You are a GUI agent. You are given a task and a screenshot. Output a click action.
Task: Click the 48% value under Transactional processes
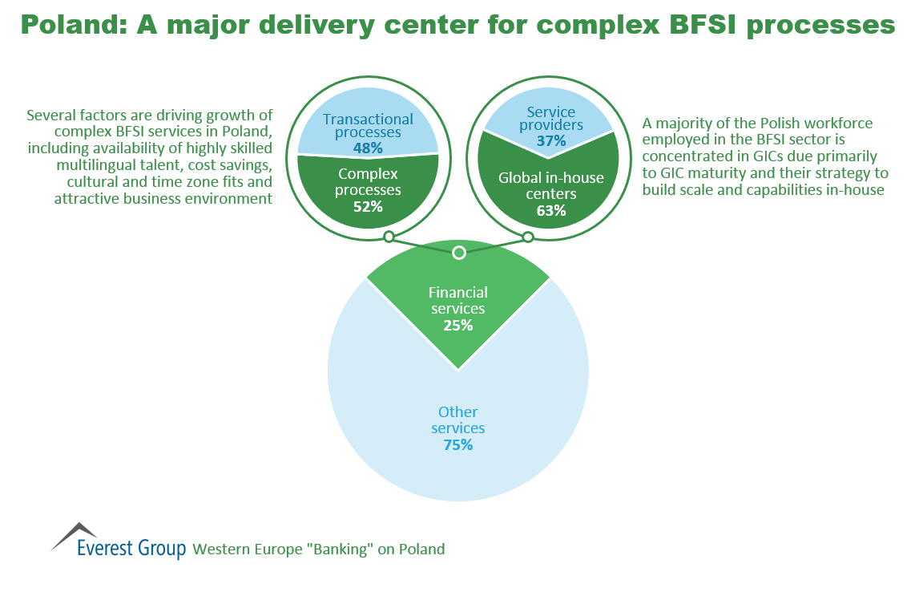[368, 148]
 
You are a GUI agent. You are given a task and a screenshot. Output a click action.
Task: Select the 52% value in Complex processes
[368, 206]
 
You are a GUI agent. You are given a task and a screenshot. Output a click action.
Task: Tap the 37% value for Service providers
[551, 141]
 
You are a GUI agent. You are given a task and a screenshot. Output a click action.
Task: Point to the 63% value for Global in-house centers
[551, 211]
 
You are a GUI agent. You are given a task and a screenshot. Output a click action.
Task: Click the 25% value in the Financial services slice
[457, 326]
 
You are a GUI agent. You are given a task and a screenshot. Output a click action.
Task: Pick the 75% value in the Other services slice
[457, 444]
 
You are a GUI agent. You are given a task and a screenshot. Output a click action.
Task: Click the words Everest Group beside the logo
[131, 549]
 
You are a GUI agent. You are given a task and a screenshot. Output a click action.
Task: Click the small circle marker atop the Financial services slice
[458, 253]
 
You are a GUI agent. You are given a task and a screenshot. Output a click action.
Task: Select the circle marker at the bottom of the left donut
[389, 237]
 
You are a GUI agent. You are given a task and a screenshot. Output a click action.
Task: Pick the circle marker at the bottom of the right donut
[528, 237]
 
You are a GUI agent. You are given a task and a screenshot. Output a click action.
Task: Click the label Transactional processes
[368, 126]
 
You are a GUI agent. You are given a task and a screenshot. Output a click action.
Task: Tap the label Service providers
[551, 119]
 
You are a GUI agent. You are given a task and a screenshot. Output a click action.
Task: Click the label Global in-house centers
[551, 186]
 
